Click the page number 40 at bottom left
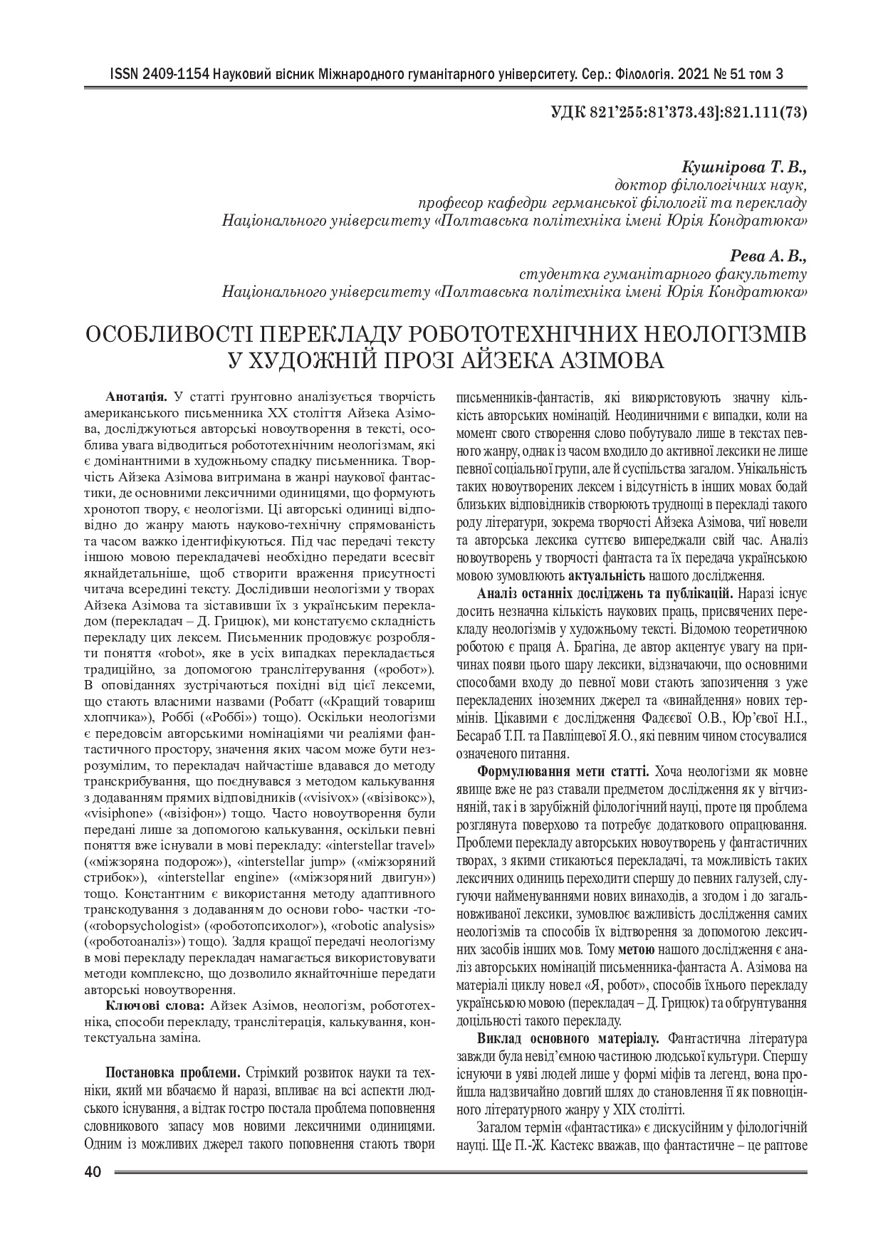pyautogui.click(x=93, y=1172)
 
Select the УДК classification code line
pyautogui.click(x=679, y=113)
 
